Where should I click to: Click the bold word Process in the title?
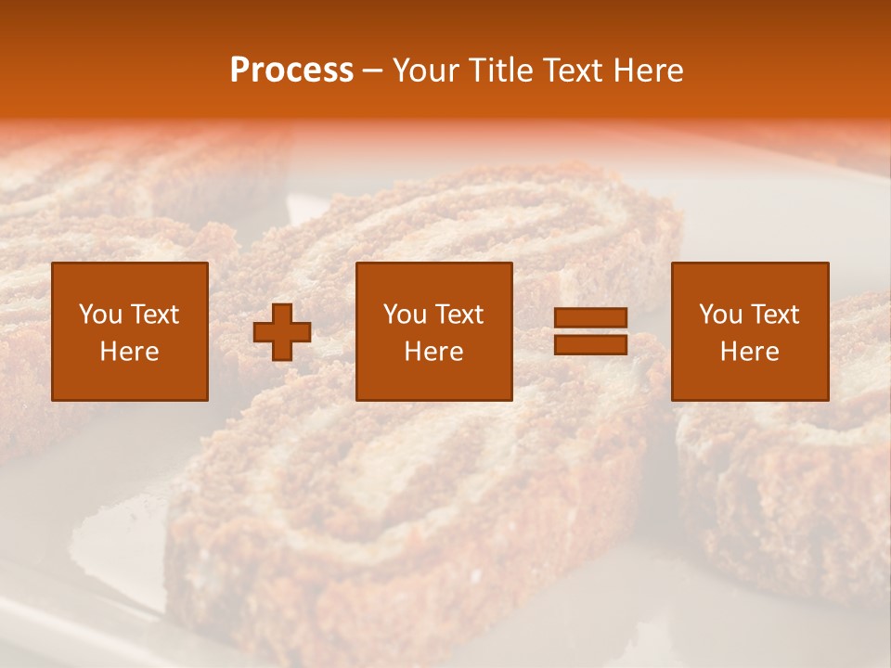click(291, 71)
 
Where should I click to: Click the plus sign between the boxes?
click(282, 332)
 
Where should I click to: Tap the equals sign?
click(590, 331)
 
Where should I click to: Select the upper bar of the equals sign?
click(590, 318)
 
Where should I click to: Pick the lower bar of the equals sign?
click(590, 344)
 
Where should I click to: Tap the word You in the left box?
click(100, 315)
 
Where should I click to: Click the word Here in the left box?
click(130, 352)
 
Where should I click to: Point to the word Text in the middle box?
click(459, 315)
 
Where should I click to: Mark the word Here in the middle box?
click(434, 352)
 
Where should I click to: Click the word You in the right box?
click(720, 315)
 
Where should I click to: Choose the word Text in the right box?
click(775, 315)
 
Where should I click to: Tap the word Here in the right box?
click(750, 352)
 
